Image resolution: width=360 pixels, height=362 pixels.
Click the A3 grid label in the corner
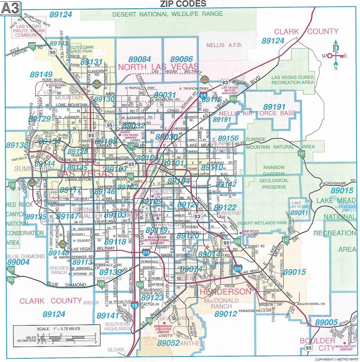11,8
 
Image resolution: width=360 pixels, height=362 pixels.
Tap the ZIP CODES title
183,4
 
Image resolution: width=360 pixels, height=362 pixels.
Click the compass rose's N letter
336,47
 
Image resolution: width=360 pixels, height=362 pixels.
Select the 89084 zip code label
140,59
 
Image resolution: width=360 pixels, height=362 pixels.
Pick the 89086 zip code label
181,59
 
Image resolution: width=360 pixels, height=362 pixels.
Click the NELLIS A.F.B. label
224,45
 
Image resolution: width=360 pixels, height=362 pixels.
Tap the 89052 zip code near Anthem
168,343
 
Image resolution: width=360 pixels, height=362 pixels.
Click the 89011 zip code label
299,213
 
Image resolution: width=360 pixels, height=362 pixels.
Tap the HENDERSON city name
226,292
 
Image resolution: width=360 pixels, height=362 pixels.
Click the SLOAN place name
116,350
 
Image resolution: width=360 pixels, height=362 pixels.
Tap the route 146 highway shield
149,321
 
